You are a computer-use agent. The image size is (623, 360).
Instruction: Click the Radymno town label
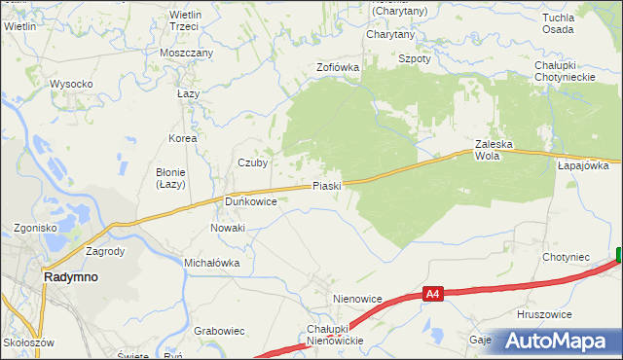coord(71,276)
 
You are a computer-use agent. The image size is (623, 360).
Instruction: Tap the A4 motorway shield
coord(435,292)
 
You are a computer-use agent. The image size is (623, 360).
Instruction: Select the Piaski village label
coord(326,186)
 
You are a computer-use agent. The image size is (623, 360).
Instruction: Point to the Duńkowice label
coord(251,201)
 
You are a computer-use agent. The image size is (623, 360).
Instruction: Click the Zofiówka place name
coord(338,67)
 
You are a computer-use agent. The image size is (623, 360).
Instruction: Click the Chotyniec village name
coord(567,257)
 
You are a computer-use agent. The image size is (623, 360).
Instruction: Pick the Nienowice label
coord(355,299)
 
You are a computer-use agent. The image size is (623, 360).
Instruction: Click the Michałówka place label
coord(211,263)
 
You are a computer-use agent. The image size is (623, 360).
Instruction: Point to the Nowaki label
coord(228,228)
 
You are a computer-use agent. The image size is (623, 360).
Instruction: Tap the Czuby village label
coord(253,162)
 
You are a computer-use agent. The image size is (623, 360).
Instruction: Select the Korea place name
coord(182,138)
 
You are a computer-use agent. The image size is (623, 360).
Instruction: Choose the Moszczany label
coord(187,52)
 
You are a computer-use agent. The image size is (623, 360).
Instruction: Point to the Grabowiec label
coord(218,331)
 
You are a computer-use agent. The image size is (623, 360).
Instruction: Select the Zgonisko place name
coord(35,228)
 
